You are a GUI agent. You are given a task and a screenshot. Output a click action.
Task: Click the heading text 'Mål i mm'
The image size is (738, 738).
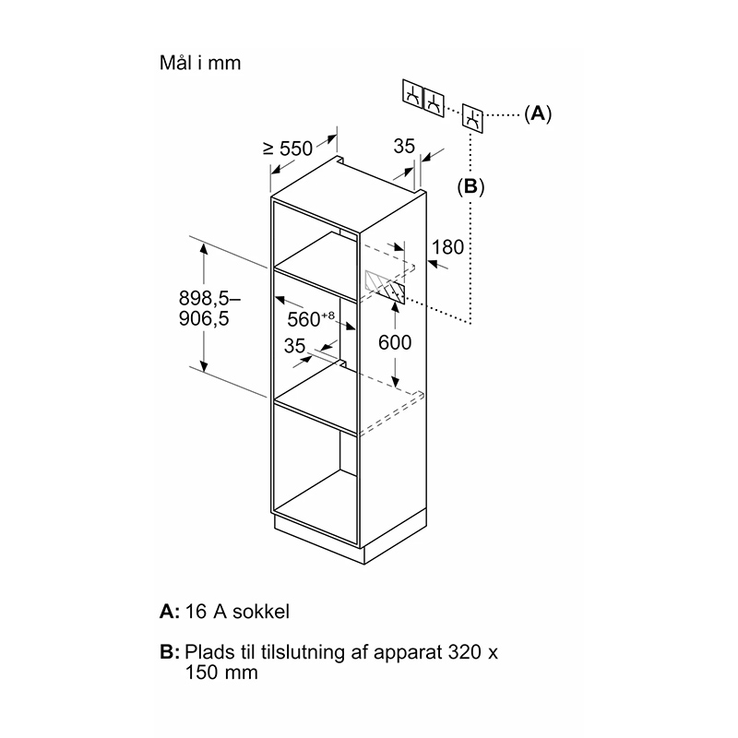tap(200, 63)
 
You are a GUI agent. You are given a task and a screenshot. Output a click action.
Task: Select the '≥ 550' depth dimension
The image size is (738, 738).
tap(288, 149)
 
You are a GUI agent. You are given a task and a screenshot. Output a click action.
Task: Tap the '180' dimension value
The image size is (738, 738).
tap(447, 247)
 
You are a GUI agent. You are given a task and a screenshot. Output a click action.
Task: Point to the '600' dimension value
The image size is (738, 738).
tap(395, 342)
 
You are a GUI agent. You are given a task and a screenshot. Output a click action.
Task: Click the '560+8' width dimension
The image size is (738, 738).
tap(311, 318)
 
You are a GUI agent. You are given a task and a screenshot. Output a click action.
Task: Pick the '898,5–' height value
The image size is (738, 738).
tap(209, 298)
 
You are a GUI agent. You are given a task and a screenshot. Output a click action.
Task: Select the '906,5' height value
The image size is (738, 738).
tap(204, 318)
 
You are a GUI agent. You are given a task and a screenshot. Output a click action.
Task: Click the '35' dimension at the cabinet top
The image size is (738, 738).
tap(404, 147)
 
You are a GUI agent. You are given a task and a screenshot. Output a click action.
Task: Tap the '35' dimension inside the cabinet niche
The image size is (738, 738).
tap(294, 346)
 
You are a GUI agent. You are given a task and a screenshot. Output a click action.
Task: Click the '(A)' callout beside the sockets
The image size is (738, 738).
tap(538, 113)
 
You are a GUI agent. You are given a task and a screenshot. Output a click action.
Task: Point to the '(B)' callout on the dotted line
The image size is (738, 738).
tap(470, 187)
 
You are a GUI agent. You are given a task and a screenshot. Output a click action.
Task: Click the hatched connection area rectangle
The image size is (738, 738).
tap(384, 286)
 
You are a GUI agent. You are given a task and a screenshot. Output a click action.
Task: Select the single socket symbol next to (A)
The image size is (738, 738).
tap(472, 118)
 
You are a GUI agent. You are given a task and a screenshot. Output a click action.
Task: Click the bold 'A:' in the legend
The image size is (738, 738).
tap(170, 612)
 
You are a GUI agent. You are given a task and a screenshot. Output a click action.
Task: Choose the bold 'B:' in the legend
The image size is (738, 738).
tap(170, 652)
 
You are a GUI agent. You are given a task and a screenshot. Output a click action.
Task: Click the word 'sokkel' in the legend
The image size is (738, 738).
tap(261, 612)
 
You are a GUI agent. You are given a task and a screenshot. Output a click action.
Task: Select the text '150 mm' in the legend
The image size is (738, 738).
tap(221, 673)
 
